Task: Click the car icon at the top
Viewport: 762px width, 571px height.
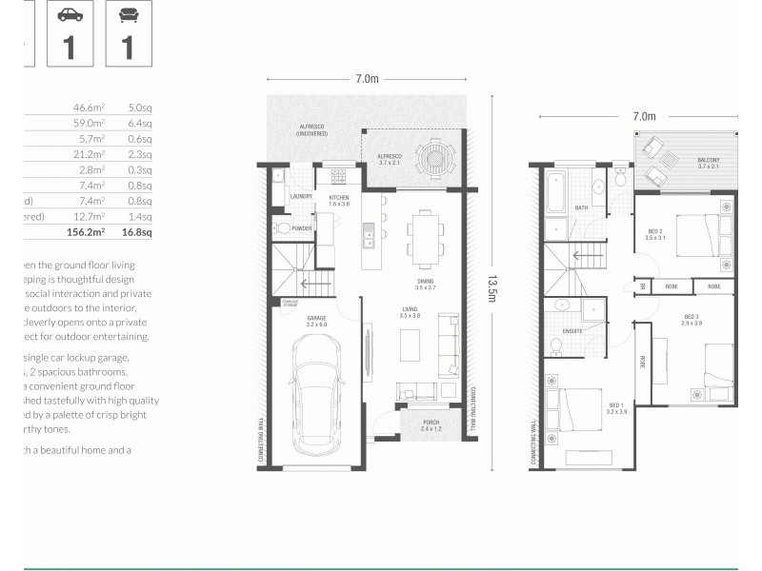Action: pos(70,15)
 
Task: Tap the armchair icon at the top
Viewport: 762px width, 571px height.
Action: pos(128,15)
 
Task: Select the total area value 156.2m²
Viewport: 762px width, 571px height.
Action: pos(85,231)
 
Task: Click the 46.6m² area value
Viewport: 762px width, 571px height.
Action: pos(89,108)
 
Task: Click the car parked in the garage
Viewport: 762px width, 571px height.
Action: pos(319,399)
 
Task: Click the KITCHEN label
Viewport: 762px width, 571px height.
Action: pos(338,197)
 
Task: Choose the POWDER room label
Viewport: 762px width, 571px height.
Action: pos(303,228)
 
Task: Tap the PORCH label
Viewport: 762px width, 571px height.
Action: pos(431,425)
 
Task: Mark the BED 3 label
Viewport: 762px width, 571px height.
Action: pos(692,317)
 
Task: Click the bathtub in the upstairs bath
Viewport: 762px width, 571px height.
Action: pos(555,192)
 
